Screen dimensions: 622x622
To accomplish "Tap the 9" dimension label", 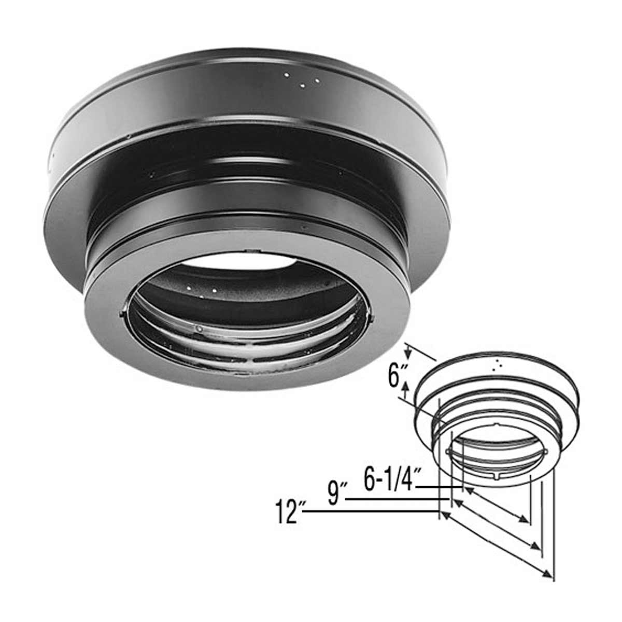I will pos(336,492).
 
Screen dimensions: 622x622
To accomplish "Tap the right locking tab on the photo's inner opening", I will pos(372,316).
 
